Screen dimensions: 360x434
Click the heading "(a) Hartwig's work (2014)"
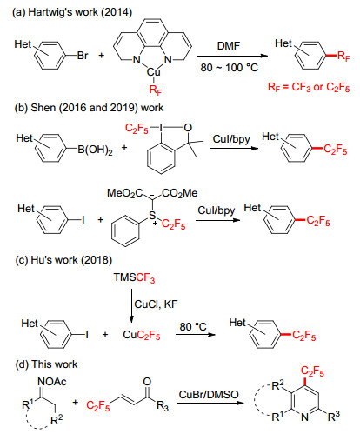click(x=72, y=12)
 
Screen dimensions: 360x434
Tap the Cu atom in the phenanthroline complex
click(x=153, y=72)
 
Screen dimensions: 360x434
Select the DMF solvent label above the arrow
click(x=229, y=46)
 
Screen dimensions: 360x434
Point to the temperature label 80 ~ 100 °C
click(x=229, y=68)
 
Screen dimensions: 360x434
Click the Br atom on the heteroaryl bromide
click(x=83, y=56)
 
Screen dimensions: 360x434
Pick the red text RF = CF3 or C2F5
click(x=309, y=87)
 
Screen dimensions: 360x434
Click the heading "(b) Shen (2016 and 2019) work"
click(x=89, y=108)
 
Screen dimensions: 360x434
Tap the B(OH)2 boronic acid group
click(x=95, y=150)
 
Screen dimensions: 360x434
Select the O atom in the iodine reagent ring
click(x=188, y=128)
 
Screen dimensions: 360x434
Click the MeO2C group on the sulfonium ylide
click(x=125, y=193)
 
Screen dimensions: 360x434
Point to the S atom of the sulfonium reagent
click(x=152, y=216)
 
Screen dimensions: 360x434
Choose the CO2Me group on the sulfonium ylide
click(x=180, y=193)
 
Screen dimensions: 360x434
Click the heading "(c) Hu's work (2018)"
click(x=63, y=260)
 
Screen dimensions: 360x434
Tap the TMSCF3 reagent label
click(x=134, y=277)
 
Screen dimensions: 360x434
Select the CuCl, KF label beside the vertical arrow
click(x=156, y=304)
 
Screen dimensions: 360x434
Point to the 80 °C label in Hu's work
click(x=193, y=327)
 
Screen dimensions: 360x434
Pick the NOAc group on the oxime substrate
click(x=52, y=382)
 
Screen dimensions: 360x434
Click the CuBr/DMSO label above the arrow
click(x=209, y=395)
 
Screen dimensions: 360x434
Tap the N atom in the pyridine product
click(x=304, y=417)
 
